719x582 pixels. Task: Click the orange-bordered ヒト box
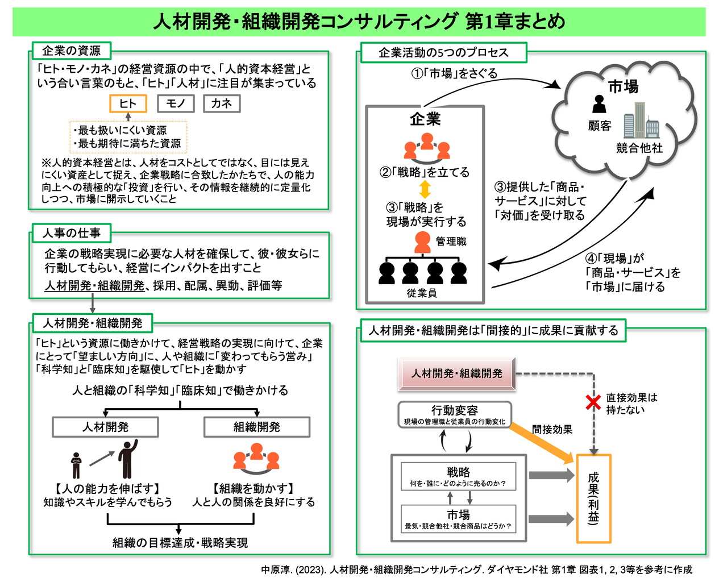point(128,103)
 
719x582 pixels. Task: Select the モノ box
point(176,103)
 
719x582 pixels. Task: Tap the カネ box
point(221,103)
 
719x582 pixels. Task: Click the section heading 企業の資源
point(70,51)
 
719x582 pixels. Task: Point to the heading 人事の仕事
point(71,233)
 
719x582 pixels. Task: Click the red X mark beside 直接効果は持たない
point(593,402)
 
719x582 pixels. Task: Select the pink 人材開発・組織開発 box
point(457,373)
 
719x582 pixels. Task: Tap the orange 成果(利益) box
point(593,498)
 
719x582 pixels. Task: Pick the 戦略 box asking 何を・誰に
point(458,476)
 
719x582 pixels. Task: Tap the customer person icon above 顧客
point(599,104)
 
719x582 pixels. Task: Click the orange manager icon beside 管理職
point(422,242)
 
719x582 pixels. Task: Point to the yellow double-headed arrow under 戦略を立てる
point(425,189)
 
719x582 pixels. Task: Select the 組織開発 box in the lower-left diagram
point(257,427)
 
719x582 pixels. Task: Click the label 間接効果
point(552,430)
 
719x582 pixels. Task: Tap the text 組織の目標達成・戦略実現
point(180,543)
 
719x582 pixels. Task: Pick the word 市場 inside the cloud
point(623,86)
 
